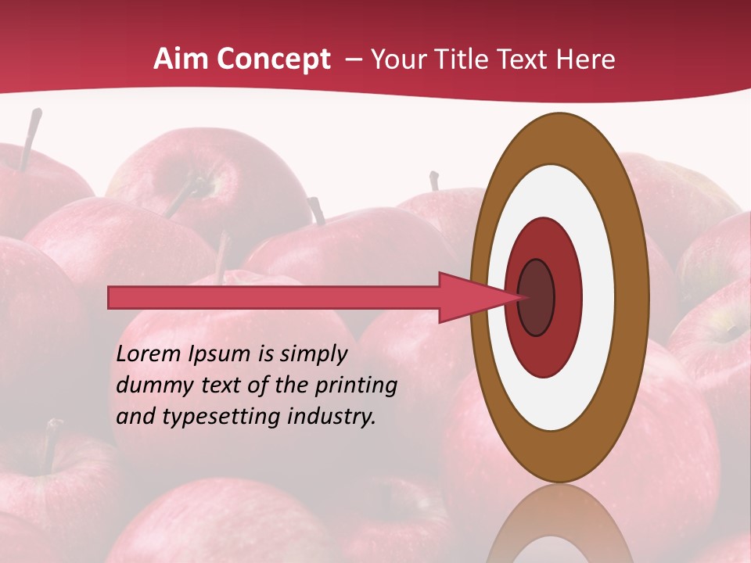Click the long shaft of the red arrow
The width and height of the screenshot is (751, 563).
click(274, 297)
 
